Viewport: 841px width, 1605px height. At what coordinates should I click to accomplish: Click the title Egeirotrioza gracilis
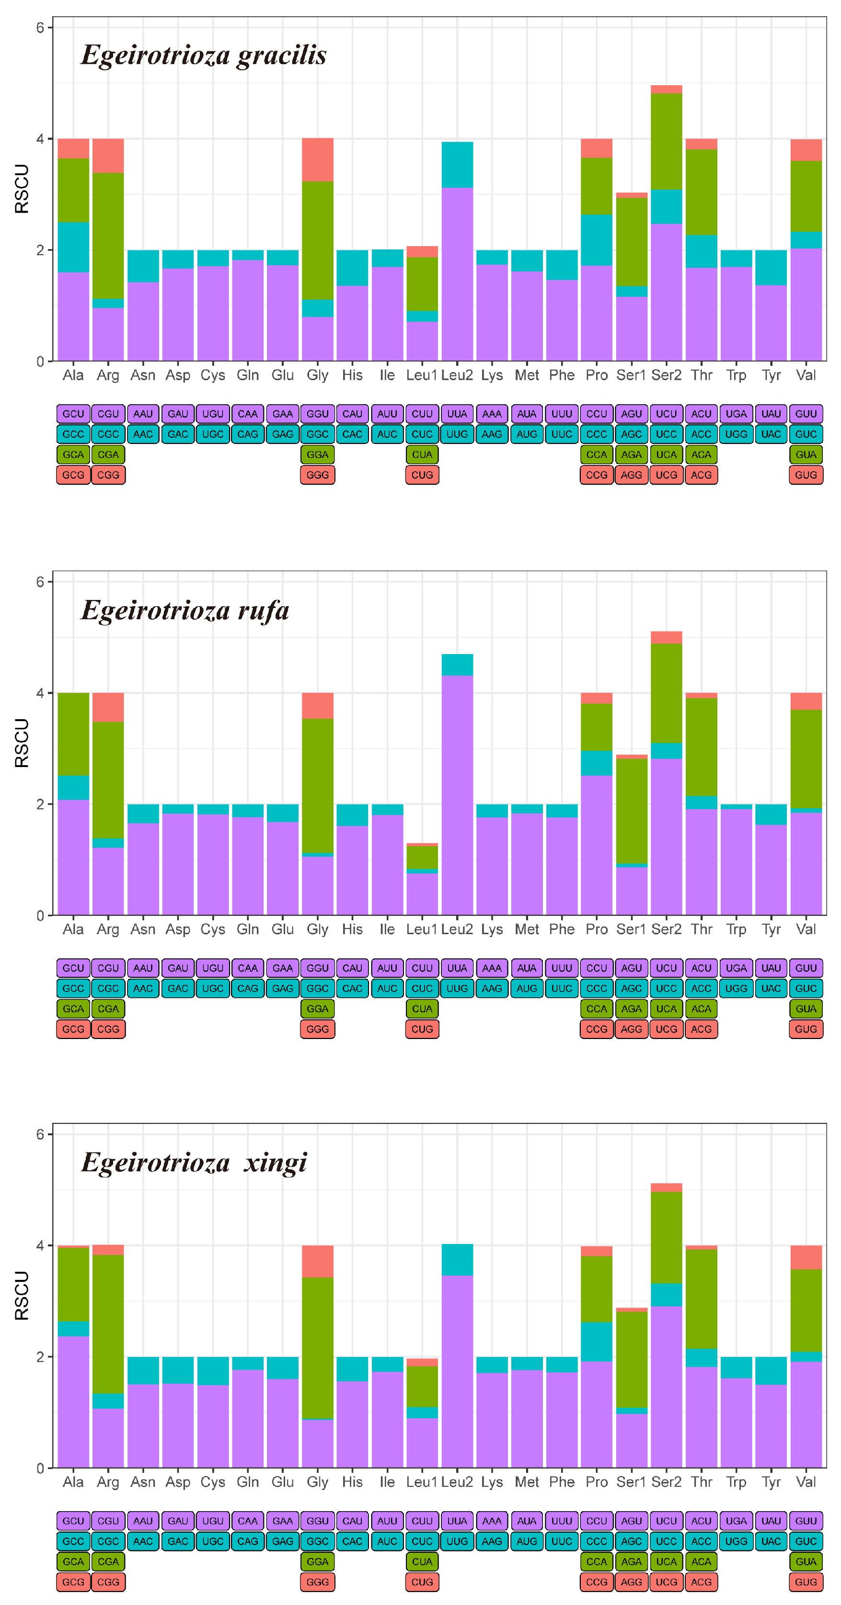pos(203,56)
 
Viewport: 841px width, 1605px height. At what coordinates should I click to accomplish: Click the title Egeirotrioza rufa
pos(185,610)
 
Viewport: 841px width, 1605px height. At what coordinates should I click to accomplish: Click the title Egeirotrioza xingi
pos(194,1163)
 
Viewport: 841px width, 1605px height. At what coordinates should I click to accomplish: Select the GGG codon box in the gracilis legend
pos(317,475)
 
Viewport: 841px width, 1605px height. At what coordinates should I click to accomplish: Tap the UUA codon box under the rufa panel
pos(457,968)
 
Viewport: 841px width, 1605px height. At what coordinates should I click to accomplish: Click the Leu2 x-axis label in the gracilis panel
pos(457,375)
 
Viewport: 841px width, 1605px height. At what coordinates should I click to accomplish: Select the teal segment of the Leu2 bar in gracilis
pos(457,165)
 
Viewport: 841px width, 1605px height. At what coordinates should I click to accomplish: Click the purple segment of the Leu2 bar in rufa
pos(457,794)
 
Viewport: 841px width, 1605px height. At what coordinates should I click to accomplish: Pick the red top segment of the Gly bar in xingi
pos(317,1261)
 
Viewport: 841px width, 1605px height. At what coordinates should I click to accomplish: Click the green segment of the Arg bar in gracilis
pos(108,236)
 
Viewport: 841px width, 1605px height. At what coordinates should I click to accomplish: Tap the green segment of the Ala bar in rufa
pos(73,734)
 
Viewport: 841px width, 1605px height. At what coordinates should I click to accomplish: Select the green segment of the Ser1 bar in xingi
pos(631,1359)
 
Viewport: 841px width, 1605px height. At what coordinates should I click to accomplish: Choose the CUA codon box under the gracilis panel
pos(422,454)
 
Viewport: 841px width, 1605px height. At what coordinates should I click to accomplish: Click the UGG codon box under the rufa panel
pos(736,988)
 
